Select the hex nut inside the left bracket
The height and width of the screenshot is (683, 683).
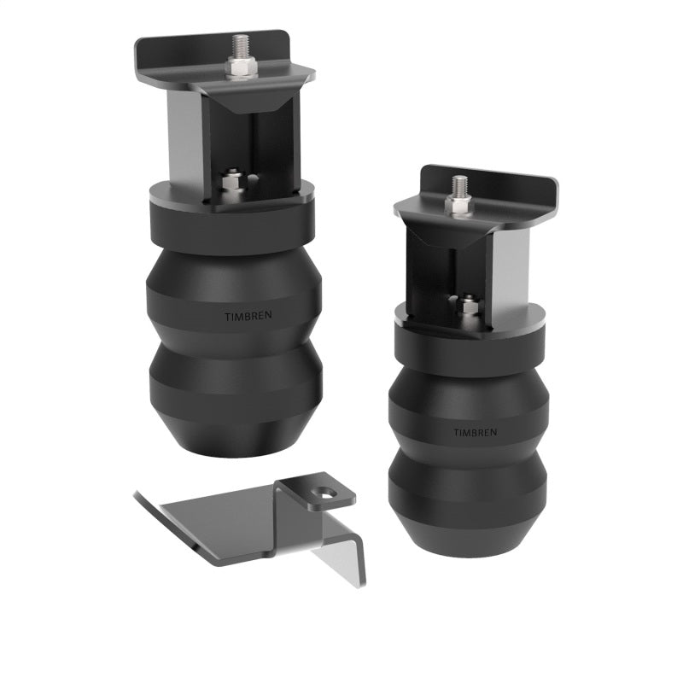(230, 182)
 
